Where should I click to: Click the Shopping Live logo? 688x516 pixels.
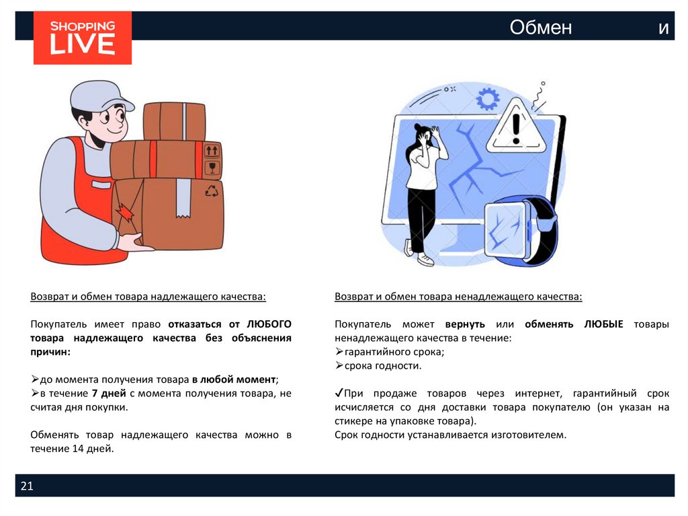tap(83, 38)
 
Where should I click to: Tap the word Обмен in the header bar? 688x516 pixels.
tap(541, 28)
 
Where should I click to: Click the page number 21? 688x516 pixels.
tap(27, 486)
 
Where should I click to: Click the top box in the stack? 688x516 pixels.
tap(175, 121)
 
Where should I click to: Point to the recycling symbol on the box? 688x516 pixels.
tap(212, 191)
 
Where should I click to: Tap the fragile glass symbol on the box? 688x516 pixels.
tap(212, 168)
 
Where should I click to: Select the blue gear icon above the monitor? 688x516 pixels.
tap(488, 99)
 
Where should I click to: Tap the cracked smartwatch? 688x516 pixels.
tap(521, 231)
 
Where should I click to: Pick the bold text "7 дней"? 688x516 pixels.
tap(109, 394)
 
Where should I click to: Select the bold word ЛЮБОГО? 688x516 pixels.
tap(269, 324)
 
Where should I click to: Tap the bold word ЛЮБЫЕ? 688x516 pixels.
tap(603, 324)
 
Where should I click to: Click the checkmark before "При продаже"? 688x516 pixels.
tap(339, 392)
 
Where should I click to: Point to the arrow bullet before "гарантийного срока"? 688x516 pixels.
tap(339, 352)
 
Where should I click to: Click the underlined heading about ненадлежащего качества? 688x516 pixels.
tap(458, 297)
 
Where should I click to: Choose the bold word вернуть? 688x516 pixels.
tap(465, 324)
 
